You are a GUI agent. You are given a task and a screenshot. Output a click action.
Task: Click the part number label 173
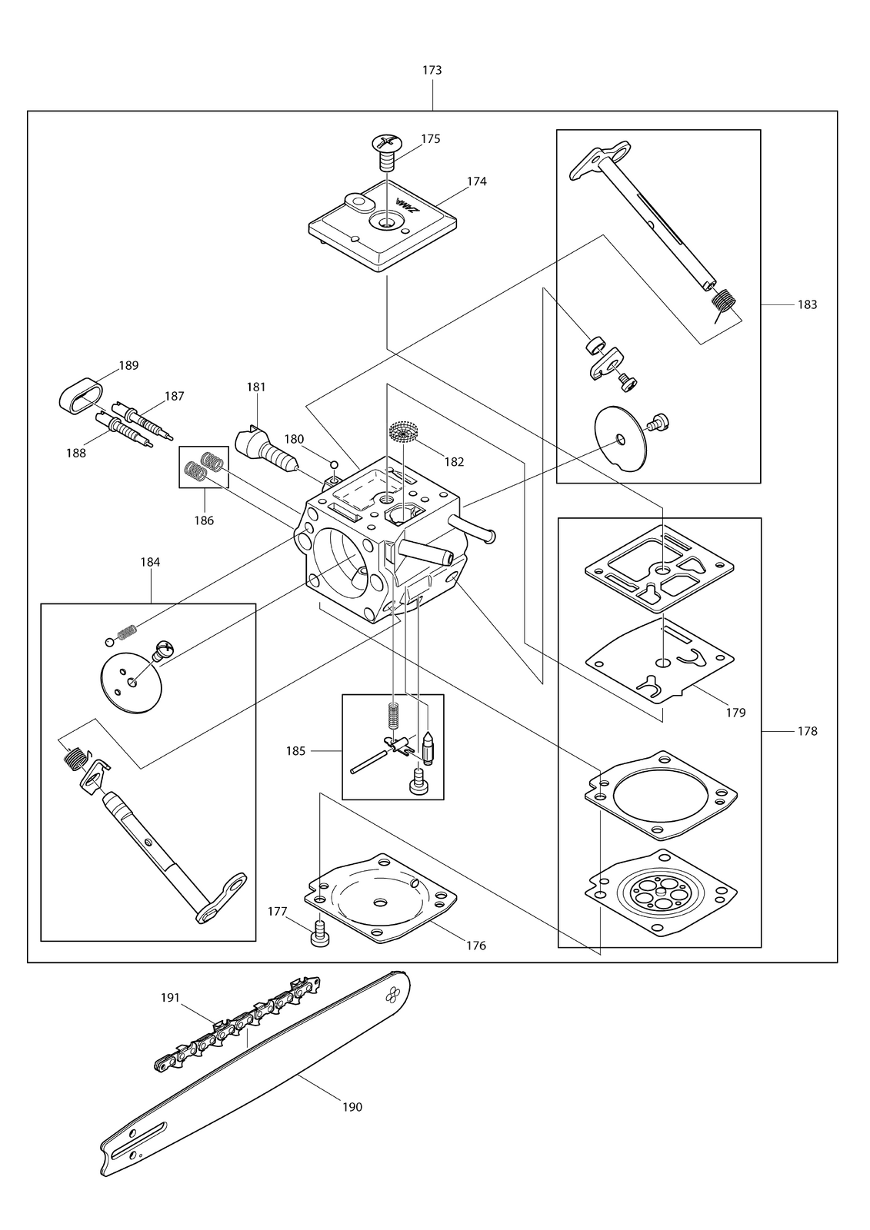pos(432,70)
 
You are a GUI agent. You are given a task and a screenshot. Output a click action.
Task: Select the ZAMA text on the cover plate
pos(407,204)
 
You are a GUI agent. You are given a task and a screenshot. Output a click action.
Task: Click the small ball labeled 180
pos(334,459)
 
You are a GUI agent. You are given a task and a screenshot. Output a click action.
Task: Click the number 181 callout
pos(256,387)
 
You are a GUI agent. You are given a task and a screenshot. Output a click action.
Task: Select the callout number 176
pos(476,946)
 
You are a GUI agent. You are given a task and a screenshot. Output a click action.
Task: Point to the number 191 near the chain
pos(170,997)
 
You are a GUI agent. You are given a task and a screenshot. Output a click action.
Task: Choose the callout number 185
pos(295,750)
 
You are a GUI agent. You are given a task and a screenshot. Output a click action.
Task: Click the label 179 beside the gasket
pos(735,713)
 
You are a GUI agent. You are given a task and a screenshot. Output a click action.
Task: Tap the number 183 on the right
pos(808,304)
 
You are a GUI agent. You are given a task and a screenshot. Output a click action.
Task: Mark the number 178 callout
pos(808,731)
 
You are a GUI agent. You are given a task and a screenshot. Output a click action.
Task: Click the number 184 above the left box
pos(150,562)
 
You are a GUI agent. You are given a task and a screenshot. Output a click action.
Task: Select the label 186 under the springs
pos(204,520)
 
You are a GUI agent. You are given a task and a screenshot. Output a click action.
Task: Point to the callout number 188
pos(76,453)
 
